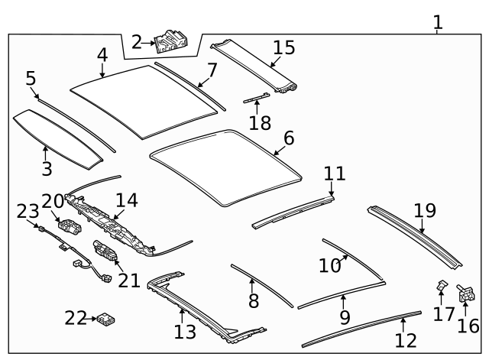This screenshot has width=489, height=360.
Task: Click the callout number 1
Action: coord(438,22)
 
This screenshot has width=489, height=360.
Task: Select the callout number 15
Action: coord(283,47)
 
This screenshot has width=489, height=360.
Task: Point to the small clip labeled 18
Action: coord(256,98)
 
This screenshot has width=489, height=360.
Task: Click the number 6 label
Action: coord(288,138)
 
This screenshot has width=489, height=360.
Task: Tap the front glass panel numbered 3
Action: coord(57,138)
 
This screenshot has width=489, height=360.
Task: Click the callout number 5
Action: coord(31,78)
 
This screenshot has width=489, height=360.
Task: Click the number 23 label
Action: coord(28,211)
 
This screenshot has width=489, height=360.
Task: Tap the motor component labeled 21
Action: coord(105,251)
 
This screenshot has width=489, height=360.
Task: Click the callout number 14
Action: coord(126,200)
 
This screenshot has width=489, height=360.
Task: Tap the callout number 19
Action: coord(424,210)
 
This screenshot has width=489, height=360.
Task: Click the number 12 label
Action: coord(406,340)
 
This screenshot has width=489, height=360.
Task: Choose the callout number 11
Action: coord(334,174)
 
